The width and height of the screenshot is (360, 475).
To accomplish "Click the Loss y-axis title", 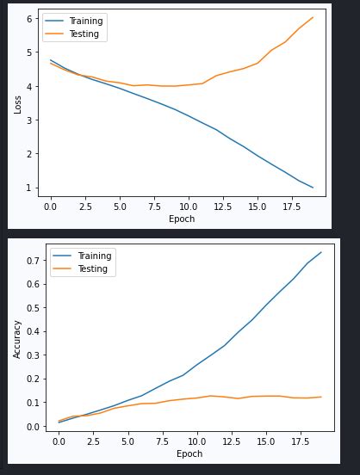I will coord(17,104).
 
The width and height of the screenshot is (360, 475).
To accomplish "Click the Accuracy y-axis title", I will coord(17,340).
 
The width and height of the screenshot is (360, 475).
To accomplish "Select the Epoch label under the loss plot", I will coord(181,219).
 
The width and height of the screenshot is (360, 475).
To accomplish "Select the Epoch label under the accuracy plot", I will coord(189,453).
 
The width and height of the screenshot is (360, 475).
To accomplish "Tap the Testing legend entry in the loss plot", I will coord(84,34).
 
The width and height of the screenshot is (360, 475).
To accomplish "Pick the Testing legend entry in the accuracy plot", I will coord(92,269).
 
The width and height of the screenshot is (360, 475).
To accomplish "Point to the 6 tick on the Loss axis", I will coord(29,19).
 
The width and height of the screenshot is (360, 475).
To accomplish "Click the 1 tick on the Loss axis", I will coord(29,188).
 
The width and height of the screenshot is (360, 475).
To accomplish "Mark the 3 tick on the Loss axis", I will coord(29,120).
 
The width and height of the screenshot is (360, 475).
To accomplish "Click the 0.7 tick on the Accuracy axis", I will coord(34,260).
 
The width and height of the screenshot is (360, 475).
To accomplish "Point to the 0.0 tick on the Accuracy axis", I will coord(34,427).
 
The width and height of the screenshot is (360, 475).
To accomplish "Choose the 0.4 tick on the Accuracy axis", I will coord(34,331).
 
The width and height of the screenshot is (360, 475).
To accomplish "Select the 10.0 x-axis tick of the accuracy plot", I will coord(197,442).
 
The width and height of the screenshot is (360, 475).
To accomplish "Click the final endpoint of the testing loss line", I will coord(313,17).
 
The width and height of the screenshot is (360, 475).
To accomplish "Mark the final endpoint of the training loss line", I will coord(313,188).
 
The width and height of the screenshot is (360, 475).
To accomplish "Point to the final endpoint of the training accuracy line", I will coord(321,252).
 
